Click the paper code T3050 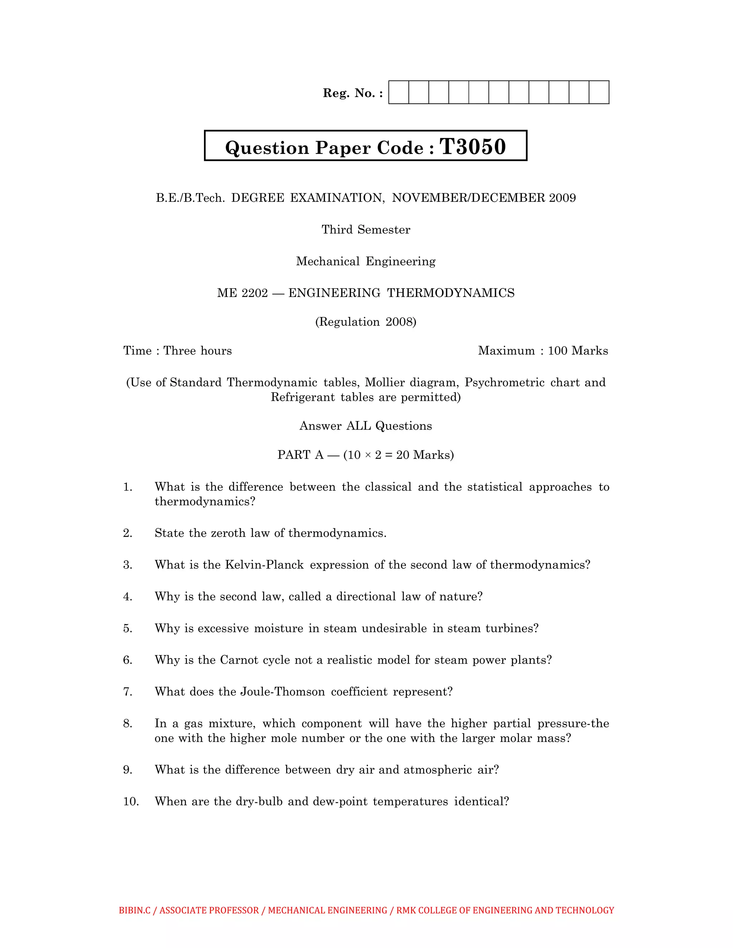[473, 147]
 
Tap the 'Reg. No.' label [353, 93]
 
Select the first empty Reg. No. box [398, 92]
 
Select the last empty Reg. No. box [599, 92]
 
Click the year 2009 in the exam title [562, 198]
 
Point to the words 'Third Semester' [366, 230]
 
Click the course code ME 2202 [242, 293]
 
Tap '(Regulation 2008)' [366, 322]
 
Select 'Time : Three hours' [177, 351]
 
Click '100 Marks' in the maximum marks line [578, 351]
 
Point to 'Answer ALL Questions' [366, 426]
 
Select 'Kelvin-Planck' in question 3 [264, 565]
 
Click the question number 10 [131, 801]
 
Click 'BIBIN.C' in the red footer [135, 910]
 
